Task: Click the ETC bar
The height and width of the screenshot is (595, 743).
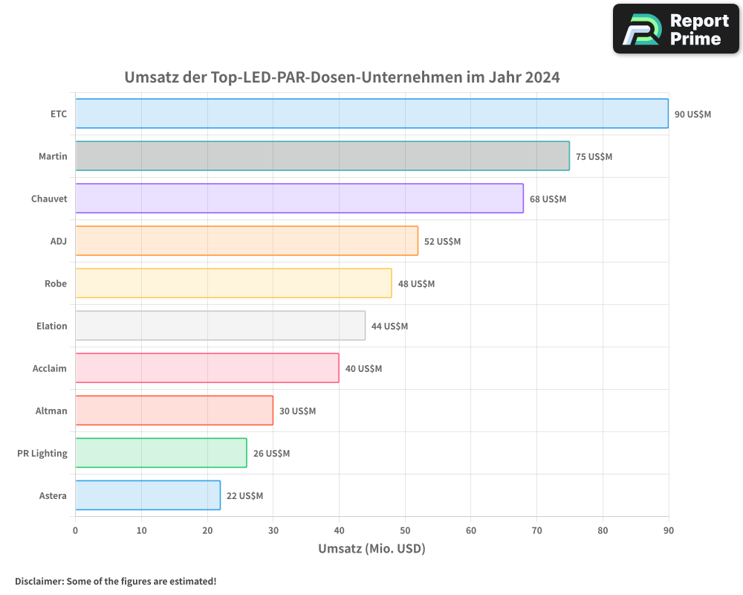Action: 371,114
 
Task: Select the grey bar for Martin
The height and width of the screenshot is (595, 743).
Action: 322,156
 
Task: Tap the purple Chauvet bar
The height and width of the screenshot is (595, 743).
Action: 299,199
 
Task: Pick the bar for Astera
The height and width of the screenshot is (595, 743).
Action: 148,495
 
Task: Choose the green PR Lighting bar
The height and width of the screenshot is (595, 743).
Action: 161,453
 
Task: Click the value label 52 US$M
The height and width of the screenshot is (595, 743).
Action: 442,242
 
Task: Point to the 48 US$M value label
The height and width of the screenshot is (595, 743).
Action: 416,284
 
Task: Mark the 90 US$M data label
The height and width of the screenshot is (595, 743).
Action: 692,115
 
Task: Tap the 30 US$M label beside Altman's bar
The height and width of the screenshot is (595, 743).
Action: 297,411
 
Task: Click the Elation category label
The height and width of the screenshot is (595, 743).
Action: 51,326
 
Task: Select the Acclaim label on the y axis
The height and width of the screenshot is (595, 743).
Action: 50,368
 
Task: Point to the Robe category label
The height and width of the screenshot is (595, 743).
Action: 56,283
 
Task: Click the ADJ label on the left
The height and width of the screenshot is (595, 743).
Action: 58,241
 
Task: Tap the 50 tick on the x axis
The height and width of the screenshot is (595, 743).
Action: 405,530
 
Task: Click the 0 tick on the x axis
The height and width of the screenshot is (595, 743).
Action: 75,530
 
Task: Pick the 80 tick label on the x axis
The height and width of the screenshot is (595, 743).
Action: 603,530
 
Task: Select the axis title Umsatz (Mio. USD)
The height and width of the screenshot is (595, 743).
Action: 371,549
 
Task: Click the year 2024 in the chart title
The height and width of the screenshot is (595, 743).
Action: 542,77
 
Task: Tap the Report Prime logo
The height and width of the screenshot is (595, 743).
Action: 676,29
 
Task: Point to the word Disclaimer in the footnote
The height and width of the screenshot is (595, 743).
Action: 39,581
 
